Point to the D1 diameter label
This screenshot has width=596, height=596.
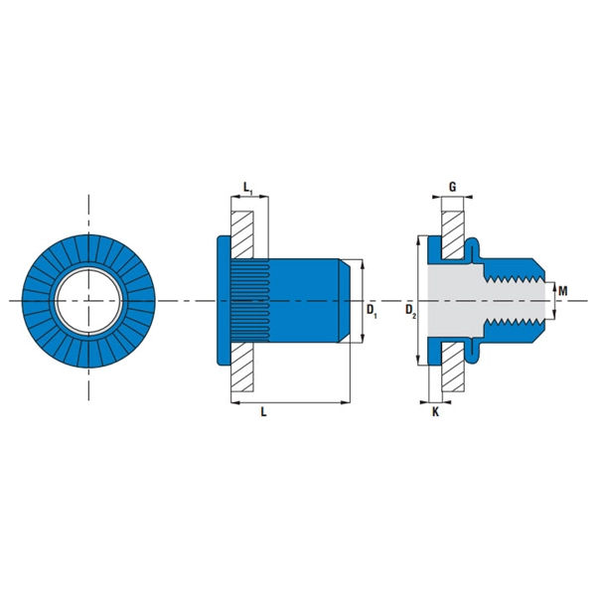click(x=372, y=311)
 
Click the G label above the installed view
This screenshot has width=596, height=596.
click(x=452, y=187)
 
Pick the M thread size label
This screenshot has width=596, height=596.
click(x=562, y=291)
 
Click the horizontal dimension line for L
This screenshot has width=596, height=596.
click(x=291, y=401)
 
